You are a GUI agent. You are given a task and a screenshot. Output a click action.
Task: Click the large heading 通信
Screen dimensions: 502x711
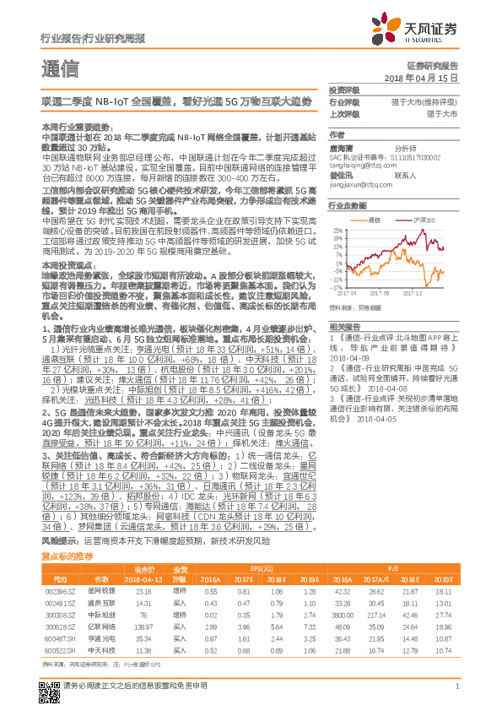[x=60, y=68]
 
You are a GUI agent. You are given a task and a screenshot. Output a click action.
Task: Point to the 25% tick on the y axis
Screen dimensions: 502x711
[x=337, y=230]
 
